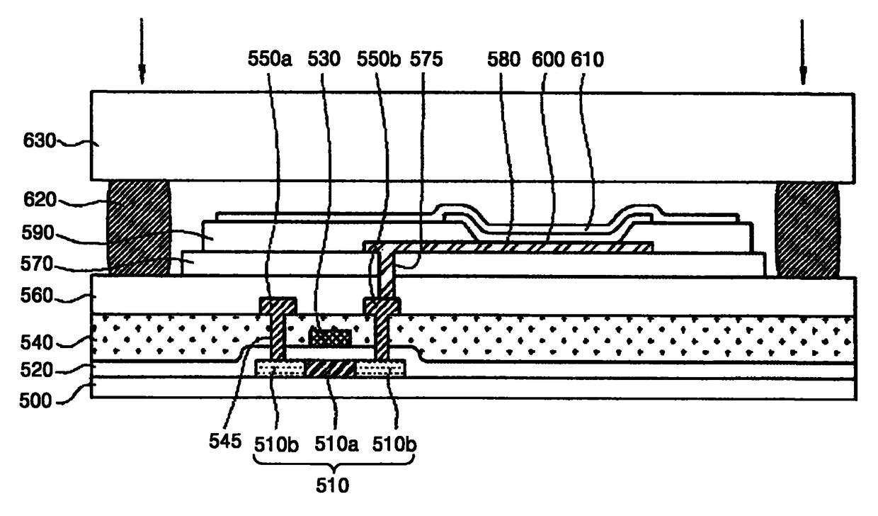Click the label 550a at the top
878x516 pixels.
point(270,60)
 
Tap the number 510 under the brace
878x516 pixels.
point(332,486)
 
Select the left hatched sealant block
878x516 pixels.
point(138,228)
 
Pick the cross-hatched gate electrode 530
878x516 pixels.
point(331,337)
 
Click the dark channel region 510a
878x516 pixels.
point(329,368)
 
